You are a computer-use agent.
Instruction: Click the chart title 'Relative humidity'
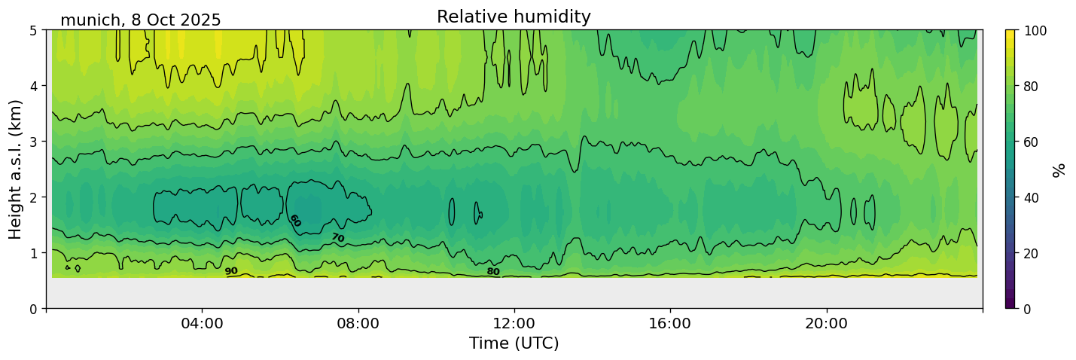(514, 17)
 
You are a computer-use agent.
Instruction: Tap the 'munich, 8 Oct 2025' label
(141, 20)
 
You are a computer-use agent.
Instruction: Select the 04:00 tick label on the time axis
(202, 323)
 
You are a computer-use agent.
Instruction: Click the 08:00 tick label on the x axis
(358, 323)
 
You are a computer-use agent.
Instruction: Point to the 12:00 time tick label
(514, 323)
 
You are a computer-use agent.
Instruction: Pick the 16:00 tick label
(670, 323)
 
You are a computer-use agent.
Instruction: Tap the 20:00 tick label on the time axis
(827, 323)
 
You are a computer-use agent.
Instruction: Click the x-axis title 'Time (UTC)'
(514, 343)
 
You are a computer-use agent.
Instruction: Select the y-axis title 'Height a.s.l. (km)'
(16, 169)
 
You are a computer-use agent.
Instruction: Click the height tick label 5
(34, 30)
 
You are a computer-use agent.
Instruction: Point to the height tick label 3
(34, 142)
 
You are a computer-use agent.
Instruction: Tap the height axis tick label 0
(34, 309)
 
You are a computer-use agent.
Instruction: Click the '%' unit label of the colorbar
(1059, 169)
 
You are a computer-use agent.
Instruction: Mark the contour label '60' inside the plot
(295, 221)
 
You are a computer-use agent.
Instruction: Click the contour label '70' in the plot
(337, 238)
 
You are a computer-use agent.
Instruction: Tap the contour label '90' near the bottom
(231, 271)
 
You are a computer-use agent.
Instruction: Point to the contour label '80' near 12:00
(493, 272)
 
